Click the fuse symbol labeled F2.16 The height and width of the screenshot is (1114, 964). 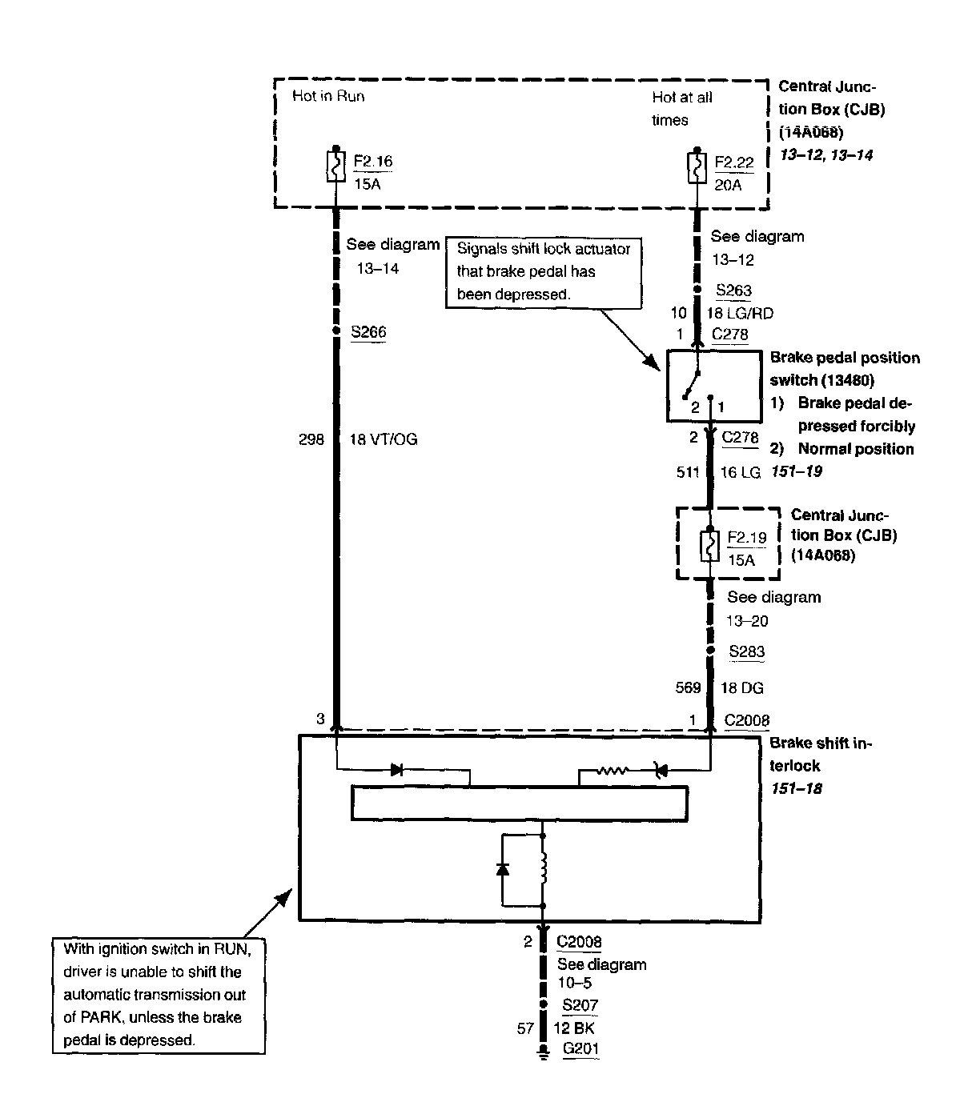coord(335,167)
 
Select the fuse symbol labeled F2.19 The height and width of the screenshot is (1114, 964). coord(709,545)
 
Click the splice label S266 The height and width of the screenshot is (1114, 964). coord(368,331)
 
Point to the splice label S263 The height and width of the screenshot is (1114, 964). coord(734,291)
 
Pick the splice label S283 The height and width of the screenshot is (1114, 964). coord(746,651)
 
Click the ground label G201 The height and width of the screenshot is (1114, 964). coord(580,1049)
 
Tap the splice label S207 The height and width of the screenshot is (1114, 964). coord(580,1006)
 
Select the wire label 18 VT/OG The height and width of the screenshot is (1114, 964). coord(384,439)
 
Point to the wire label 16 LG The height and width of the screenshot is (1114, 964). coord(740,473)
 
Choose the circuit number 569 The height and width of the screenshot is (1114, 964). coord(688,687)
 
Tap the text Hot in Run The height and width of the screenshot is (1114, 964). coord(328,96)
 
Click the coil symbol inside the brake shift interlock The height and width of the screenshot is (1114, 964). coord(544,868)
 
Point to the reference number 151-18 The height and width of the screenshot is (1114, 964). coord(797,788)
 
